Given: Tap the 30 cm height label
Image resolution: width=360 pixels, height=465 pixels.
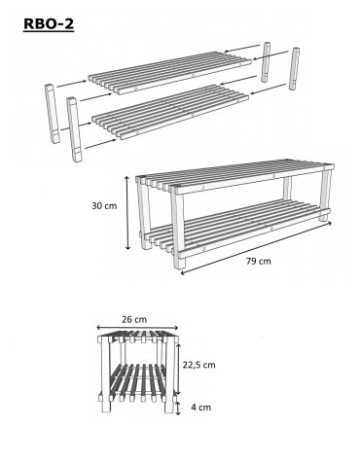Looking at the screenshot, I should coord(103,205).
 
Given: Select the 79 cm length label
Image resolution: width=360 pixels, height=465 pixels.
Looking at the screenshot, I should coord(258,262).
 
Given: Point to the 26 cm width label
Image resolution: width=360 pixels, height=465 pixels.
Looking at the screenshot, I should coord(135,319).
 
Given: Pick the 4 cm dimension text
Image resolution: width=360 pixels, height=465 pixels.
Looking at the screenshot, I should coord(202,408).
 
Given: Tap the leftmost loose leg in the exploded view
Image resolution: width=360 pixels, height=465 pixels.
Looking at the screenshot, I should coord(50,110).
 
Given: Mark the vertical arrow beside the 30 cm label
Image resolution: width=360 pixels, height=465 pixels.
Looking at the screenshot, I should coord(127,211).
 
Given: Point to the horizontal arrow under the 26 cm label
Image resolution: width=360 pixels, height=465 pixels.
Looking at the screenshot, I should coord(139,329).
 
